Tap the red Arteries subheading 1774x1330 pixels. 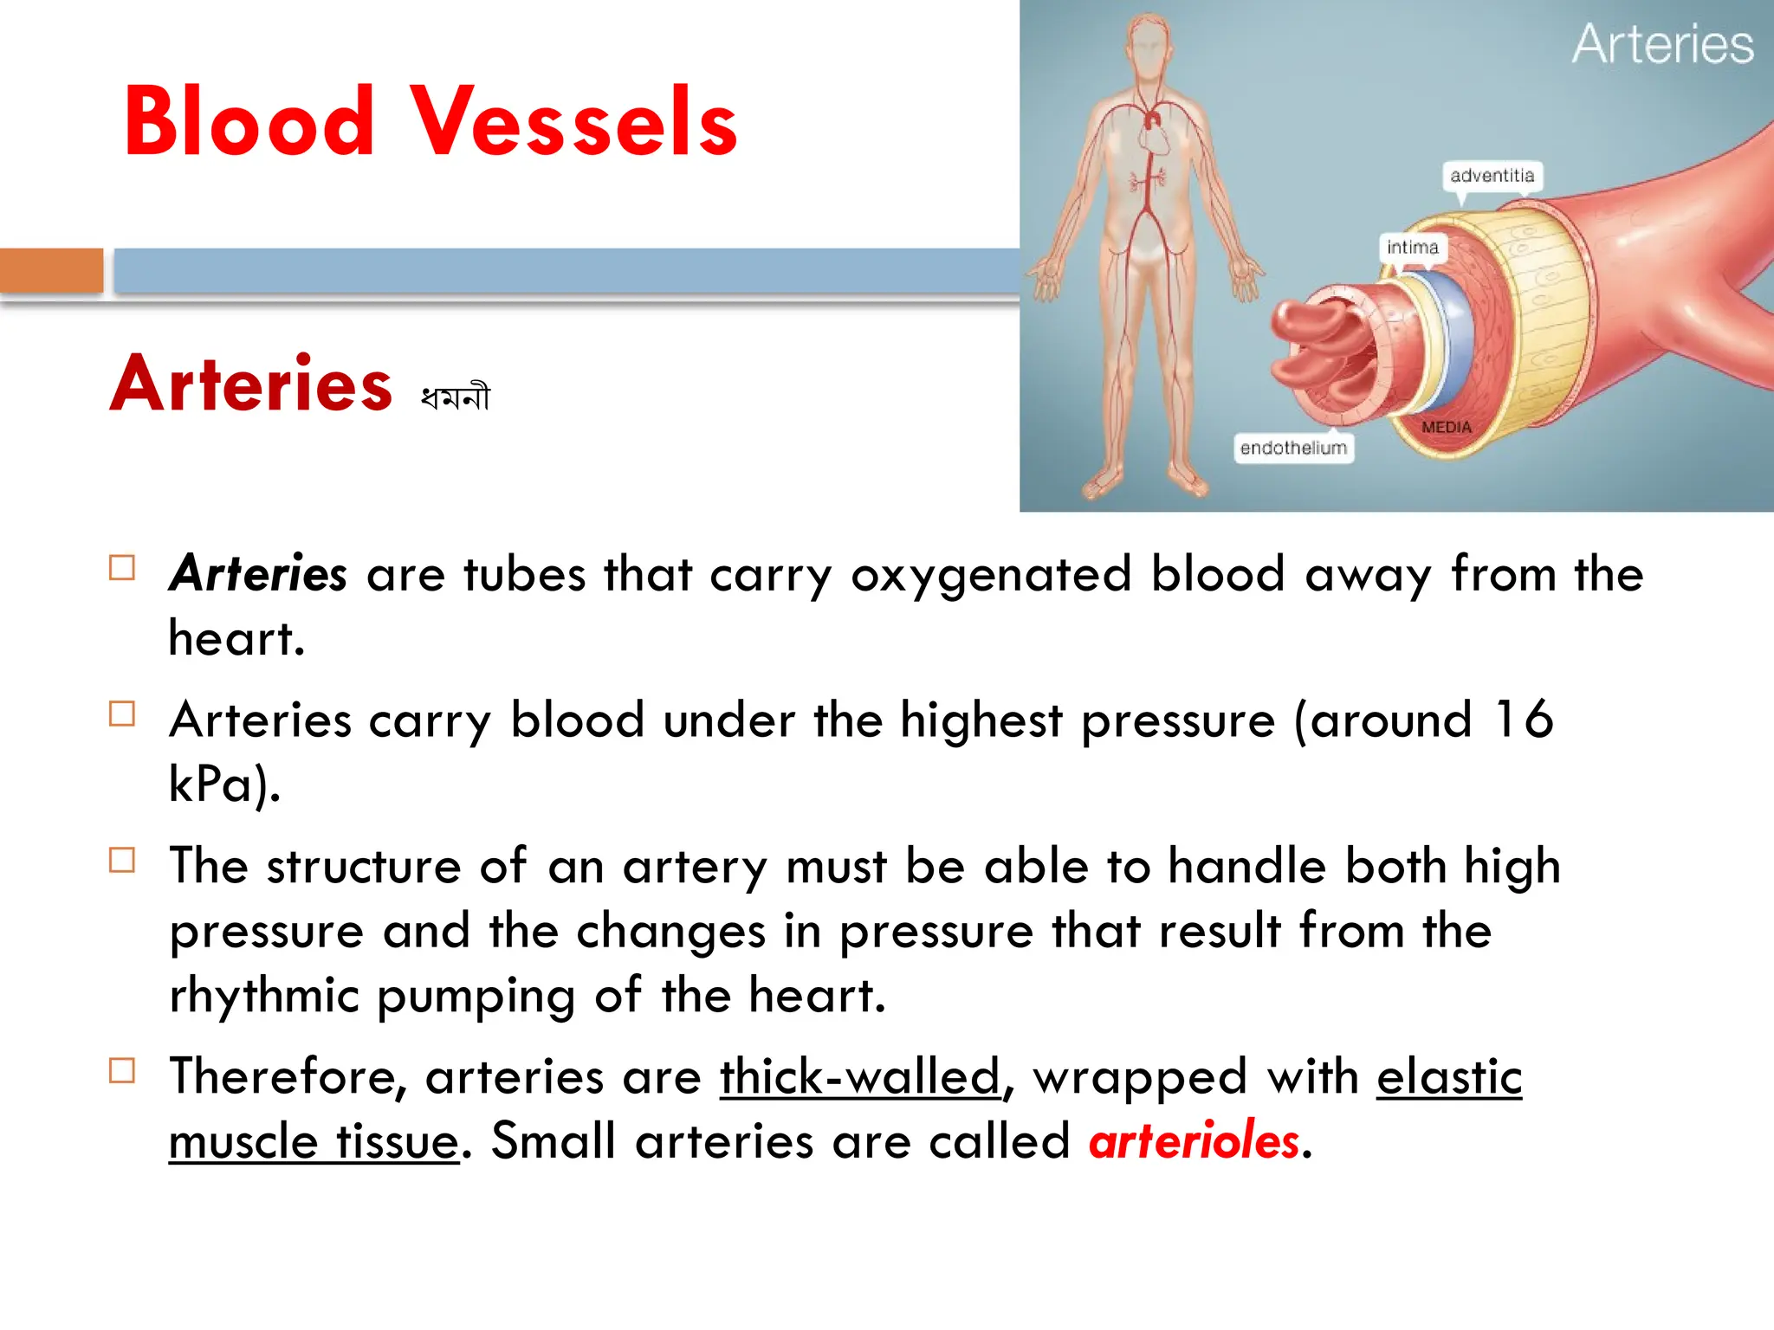click(x=251, y=384)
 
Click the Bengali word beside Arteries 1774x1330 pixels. click(x=456, y=397)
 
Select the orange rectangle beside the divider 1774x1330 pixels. click(x=51, y=271)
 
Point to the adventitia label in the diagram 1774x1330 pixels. click(x=1492, y=176)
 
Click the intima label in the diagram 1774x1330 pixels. click(x=1412, y=248)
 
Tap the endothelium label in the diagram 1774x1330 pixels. click(x=1293, y=448)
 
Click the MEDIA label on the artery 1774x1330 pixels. click(x=1446, y=427)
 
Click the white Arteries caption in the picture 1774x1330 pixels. click(x=1661, y=45)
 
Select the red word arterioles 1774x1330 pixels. click(x=1195, y=1140)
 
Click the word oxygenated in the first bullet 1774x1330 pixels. click(x=991, y=574)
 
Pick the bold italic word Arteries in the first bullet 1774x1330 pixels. click(x=258, y=574)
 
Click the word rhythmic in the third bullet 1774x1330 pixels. click(x=264, y=995)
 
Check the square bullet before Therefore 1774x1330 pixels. click(x=122, y=1071)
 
